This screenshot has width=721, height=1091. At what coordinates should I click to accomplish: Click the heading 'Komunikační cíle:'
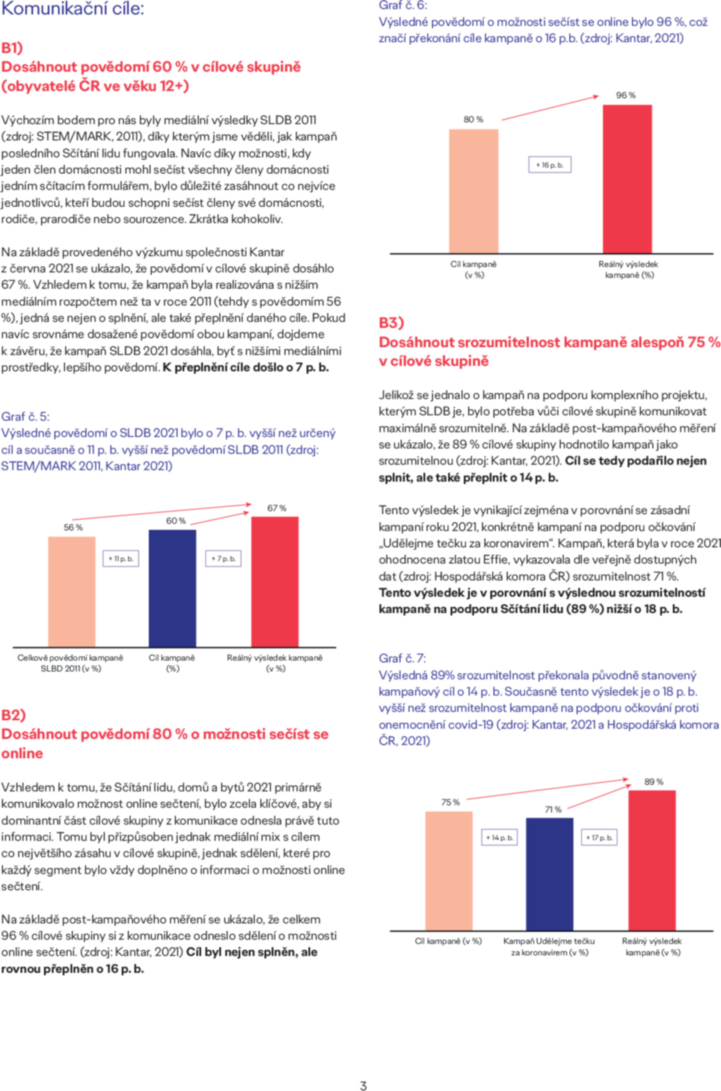coord(72,9)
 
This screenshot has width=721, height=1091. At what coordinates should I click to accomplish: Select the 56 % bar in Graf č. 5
coord(72,592)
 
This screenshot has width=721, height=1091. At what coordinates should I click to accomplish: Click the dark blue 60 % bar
coord(172,589)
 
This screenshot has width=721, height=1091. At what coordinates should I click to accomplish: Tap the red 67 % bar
coord(275,582)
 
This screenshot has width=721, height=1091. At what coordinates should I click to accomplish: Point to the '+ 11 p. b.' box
coord(121,558)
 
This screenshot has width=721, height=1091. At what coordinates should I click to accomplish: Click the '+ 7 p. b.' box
coord(223,558)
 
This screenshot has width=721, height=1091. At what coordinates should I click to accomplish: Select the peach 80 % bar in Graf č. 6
coord(474,191)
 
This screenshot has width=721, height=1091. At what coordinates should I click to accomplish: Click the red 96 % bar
coord(627,179)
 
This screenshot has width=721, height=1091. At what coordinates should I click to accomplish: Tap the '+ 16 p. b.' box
coord(550,165)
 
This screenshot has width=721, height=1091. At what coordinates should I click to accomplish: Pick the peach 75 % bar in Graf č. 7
coord(449,871)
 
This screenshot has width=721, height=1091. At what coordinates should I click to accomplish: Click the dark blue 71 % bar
coord(549,874)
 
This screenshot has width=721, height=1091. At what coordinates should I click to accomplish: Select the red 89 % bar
coord(652,861)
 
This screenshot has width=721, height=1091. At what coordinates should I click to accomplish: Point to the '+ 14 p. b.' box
coord(499,837)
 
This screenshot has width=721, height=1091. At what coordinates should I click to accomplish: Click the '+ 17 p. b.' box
coord(600,837)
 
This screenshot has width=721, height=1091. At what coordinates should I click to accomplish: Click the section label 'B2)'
coord(14,714)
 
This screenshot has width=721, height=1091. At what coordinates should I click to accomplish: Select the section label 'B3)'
coord(391,322)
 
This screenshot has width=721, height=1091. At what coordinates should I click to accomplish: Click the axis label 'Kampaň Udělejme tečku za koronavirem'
coord(549,947)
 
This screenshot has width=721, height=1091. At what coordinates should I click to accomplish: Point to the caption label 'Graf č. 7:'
coord(402,658)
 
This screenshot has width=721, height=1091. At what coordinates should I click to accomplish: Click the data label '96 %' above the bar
coord(626,95)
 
